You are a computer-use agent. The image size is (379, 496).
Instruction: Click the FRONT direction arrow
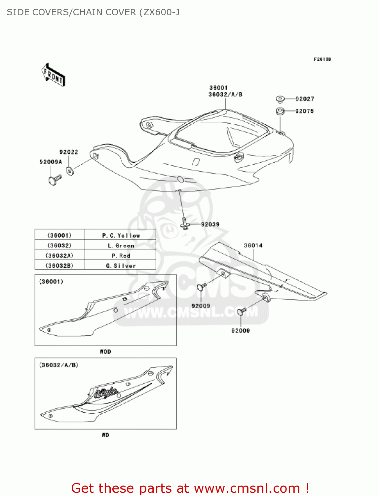coord(53,75)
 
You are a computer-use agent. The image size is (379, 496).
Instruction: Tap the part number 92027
coord(305,99)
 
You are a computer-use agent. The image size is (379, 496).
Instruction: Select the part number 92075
coord(304,111)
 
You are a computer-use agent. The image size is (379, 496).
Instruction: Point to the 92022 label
coord(69,152)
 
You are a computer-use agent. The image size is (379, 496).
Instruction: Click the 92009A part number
coord(51,162)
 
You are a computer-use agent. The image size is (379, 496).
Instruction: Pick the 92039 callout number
coord(210,225)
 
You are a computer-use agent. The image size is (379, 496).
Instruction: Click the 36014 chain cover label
coord(253,246)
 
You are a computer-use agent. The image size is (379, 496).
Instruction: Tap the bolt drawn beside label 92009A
coord(55,180)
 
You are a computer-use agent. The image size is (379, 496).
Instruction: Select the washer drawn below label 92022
coord(70,171)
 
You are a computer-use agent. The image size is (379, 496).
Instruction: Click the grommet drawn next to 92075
coord(280,111)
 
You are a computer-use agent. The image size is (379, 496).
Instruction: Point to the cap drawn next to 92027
coord(280,99)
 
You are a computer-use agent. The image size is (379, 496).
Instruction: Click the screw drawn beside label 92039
coord(186,223)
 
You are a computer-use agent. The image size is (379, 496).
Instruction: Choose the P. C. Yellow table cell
coord(121,235)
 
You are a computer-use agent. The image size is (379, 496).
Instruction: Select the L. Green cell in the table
coord(121,246)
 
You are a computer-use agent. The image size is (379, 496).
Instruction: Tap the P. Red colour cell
coord(121,256)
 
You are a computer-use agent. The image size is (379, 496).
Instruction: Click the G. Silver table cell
coord(121,266)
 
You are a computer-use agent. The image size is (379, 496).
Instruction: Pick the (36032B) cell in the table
coord(60,266)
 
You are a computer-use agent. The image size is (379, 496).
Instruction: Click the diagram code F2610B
coord(322,60)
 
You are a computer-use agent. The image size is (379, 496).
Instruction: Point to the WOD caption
coord(105,352)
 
